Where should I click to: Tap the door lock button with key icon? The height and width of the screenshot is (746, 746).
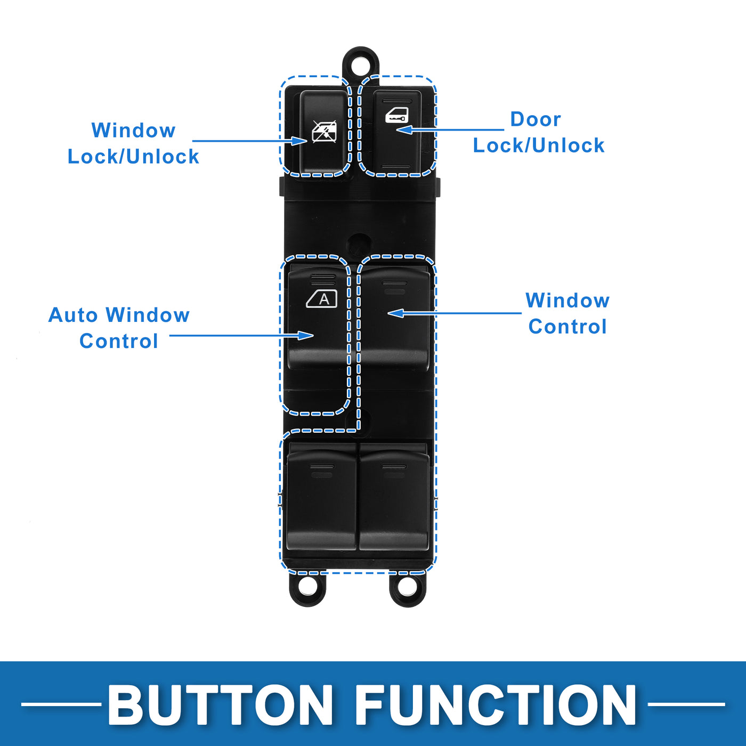click(398, 133)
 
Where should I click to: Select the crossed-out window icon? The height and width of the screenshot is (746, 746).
click(324, 132)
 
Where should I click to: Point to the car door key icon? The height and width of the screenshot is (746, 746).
click(397, 115)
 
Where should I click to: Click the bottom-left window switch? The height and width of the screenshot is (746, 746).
click(321, 501)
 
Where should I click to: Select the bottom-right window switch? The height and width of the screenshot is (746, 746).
click(394, 501)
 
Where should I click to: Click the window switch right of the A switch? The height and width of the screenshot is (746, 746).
click(395, 320)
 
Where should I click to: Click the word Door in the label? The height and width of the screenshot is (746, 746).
click(535, 119)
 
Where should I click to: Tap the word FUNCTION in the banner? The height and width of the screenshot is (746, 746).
click(496, 704)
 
